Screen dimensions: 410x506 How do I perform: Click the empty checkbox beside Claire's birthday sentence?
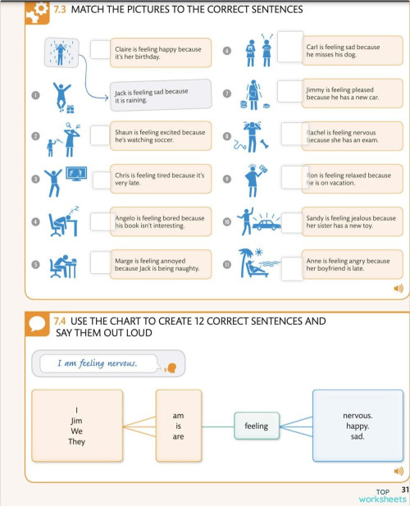(100, 49)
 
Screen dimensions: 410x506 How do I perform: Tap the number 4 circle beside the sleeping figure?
(35, 221)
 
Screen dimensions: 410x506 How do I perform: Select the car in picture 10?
(266, 225)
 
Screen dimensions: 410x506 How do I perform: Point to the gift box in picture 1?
(71, 109)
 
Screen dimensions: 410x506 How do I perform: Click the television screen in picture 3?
(76, 173)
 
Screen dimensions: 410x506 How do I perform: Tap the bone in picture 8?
(265, 144)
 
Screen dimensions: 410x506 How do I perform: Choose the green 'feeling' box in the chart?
(257, 426)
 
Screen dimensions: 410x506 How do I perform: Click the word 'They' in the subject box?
(76, 441)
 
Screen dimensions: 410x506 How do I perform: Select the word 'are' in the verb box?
(178, 436)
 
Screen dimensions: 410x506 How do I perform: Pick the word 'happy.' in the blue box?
(358, 426)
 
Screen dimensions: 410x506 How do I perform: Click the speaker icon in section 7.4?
(399, 472)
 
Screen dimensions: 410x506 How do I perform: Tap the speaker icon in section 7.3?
(399, 288)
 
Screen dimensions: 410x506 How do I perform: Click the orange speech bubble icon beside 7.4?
(37, 324)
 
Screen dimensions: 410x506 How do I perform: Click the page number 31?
(405, 490)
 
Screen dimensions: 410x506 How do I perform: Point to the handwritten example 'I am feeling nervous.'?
(98, 363)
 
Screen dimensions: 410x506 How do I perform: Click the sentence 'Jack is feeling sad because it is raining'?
(152, 96)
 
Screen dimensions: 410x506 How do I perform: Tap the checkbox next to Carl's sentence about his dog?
(290, 47)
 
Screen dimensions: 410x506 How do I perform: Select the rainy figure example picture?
(61, 52)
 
